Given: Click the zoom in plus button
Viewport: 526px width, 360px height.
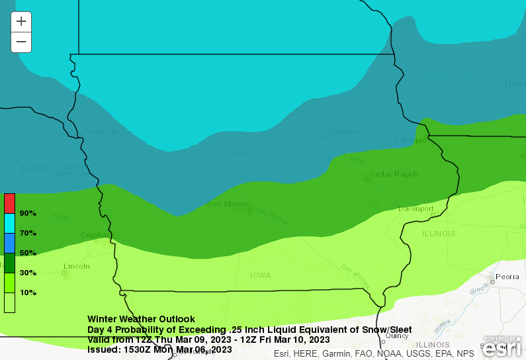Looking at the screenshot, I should tap(21, 21).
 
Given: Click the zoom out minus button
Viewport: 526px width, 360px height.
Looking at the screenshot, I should tap(21, 42).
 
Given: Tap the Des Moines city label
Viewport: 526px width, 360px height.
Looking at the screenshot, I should tap(228, 204).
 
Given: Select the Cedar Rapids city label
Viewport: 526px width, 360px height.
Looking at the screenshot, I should tap(394, 174).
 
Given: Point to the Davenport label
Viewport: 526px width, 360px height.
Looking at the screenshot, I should tap(416, 209).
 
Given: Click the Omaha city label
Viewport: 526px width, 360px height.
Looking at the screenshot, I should tap(93, 235).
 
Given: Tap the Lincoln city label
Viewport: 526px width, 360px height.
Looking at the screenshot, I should tap(76, 266).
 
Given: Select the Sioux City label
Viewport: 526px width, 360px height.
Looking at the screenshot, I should tap(102, 131).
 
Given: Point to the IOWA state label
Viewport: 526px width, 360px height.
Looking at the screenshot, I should tap(261, 275).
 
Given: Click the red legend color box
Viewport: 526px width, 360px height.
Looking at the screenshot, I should tap(9, 203).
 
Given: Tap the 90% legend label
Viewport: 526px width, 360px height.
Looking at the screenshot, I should tap(28, 213).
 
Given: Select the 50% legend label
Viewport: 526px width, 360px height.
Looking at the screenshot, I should tap(28, 253).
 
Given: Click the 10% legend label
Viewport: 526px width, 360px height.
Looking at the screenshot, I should tap(28, 292).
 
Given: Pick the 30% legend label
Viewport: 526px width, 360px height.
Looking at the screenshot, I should tap(28, 273).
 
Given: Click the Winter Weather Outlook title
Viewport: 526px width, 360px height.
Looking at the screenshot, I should tap(141, 319).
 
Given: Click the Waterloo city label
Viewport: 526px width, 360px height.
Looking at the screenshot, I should tap(341, 131).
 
